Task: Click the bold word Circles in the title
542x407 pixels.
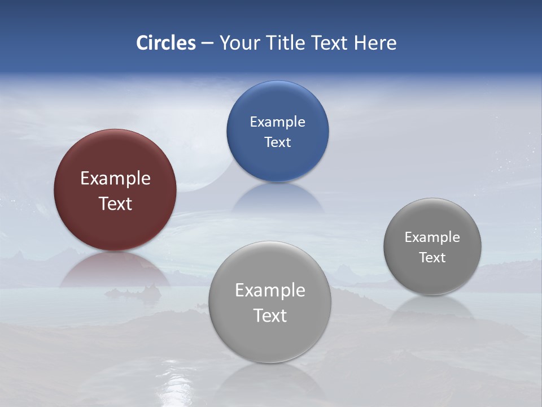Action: pyautogui.click(x=166, y=43)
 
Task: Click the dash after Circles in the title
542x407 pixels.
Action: pyautogui.click(x=207, y=44)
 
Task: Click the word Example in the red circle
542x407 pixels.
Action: pyautogui.click(x=115, y=179)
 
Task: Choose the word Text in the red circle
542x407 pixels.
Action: pyautogui.click(x=115, y=203)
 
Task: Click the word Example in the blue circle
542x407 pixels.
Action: pyautogui.click(x=277, y=122)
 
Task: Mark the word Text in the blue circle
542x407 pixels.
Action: pyautogui.click(x=277, y=142)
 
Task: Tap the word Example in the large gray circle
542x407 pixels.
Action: pyautogui.click(x=270, y=291)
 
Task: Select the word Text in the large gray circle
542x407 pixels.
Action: pyautogui.click(x=270, y=315)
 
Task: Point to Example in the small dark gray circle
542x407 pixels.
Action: pyautogui.click(x=432, y=237)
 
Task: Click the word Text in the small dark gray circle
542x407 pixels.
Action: pyautogui.click(x=432, y=258)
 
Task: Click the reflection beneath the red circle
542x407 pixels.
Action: pyautogui.click(x=115, y=270)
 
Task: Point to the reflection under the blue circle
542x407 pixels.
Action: pyautogui.click(x=277, y=198)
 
